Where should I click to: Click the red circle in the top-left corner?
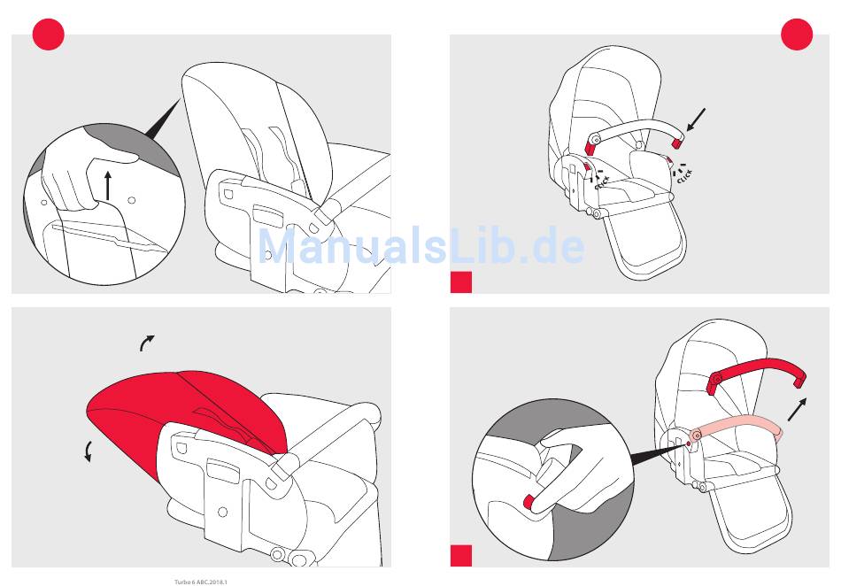(x=49, y=35)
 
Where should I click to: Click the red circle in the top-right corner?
(x=797, y=35)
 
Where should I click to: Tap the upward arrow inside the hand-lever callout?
(x=108, y=186)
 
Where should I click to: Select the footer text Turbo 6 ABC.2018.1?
(x=201, y=582)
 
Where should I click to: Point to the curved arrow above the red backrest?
(x=147, y=343)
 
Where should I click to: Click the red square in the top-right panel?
(x=461, y=282)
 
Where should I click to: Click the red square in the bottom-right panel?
(x=461, y=555)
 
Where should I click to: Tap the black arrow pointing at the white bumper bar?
(x=696, y=120)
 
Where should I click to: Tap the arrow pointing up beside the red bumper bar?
(x=797, y=409)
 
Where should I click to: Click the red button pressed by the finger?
(x=529, y=502)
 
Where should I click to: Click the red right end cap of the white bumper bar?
(x=677, y=143)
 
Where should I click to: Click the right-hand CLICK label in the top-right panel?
(x=684, y=176)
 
